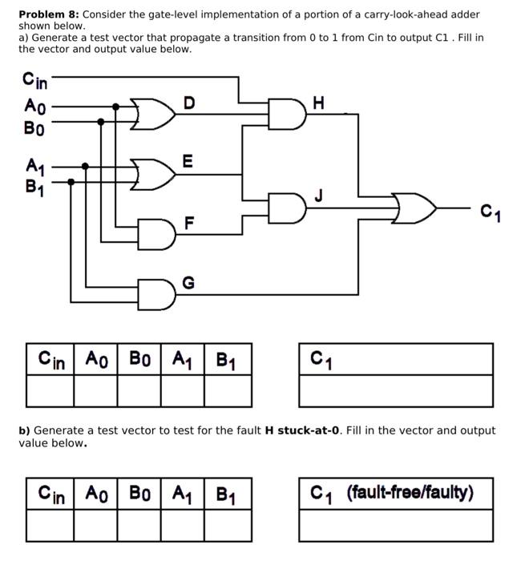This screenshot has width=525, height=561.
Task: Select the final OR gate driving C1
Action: coord(415,210)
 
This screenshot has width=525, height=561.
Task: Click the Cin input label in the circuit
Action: coord(35,80)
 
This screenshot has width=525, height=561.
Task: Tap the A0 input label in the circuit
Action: coord(34,107)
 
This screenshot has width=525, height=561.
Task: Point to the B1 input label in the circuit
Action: coord(34,188)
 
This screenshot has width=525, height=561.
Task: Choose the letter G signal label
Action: coord(188,282)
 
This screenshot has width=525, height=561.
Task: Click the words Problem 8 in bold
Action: coord(48,14)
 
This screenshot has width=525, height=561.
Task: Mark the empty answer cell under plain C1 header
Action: coord(396,391)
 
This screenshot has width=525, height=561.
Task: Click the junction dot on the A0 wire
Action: coord(116,107)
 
